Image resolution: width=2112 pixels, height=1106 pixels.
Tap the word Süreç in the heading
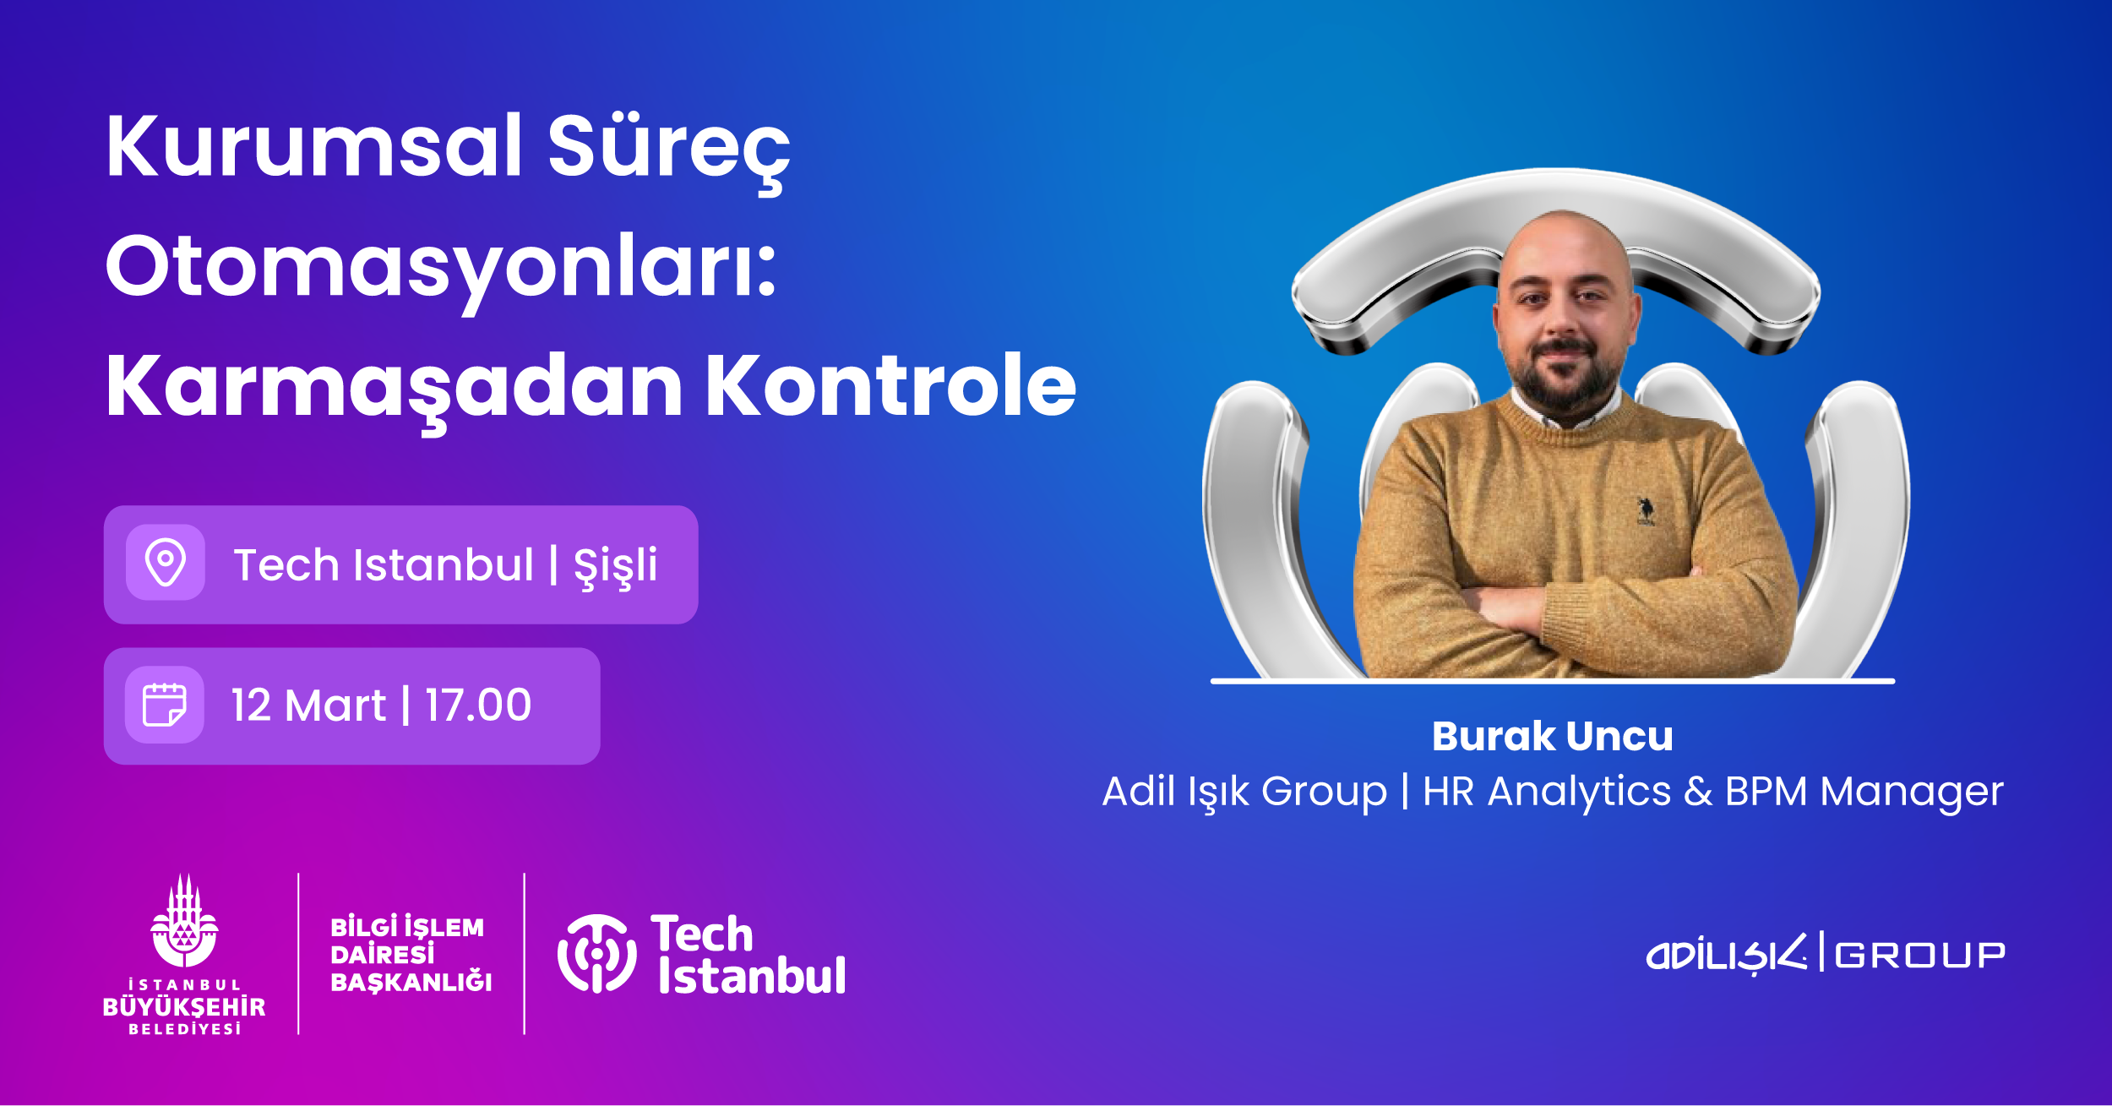pos(668,152)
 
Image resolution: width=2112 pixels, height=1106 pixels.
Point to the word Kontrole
pos(890,385)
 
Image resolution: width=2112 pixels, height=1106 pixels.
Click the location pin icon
pos(166,562)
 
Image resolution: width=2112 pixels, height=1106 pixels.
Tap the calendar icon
pos(165,705)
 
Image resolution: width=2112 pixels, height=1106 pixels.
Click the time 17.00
pos(478,706)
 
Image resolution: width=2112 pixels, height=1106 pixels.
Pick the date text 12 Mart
pos(308,706)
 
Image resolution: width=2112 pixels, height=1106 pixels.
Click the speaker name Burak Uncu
pos(1553,736)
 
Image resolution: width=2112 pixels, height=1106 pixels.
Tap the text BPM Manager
pos(1864,793)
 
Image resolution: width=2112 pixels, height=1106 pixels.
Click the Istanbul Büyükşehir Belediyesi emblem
pos(184,921)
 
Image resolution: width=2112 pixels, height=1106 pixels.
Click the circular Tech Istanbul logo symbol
pos(597,953)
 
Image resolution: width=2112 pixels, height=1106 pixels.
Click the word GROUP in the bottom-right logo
pos(1919,956)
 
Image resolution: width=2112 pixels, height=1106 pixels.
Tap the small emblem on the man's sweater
pos(1645,511)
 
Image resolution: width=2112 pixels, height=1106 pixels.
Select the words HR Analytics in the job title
pos(1547,793)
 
